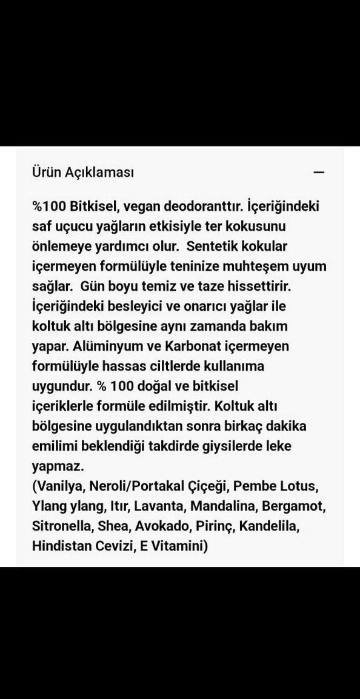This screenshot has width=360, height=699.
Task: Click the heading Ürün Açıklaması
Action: coord(83,172)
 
